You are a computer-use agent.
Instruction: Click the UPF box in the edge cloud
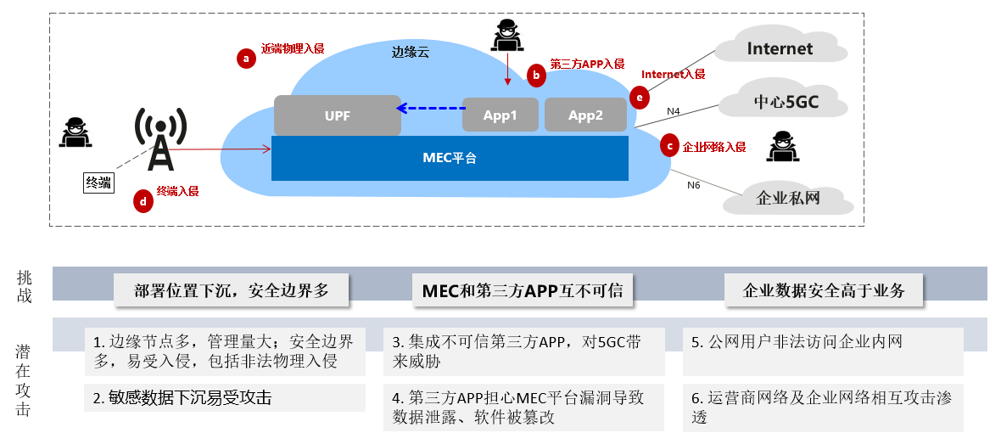pos(337,115)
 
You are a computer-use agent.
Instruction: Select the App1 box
pos(500,115)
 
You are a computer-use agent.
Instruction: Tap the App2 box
pos(585,115)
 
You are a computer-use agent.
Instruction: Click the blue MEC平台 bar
pos(450,158)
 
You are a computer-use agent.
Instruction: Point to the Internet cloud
pos(780,48)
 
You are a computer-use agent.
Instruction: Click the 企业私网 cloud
pos(788,199)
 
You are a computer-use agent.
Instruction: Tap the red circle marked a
pos(246,58)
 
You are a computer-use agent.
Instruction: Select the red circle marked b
pos(535,75)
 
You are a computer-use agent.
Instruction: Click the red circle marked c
pos(670,146)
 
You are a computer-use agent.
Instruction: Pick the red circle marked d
pos(143,201)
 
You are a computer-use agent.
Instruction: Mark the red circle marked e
pos(640,97)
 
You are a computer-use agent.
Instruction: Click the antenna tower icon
pos(159,139)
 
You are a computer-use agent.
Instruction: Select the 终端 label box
pos(98,183)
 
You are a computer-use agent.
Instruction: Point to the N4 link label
pos(674,111)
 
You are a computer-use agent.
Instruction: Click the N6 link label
pos(694,185)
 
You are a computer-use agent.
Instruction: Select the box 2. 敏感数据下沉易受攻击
pos(225,397)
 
